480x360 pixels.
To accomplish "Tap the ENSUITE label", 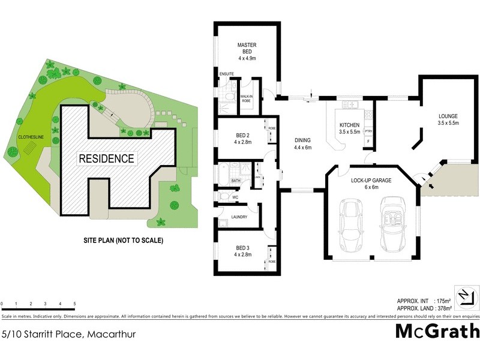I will coord(226,74).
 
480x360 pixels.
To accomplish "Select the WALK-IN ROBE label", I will coord(246,98).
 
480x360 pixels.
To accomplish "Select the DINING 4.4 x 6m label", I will coord(302,143).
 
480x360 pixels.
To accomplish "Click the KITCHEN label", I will coord(349,125).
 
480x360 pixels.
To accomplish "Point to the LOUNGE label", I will coord(448,116).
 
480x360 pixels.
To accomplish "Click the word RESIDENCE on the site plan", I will coord(106,159).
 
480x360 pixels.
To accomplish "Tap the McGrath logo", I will coord(437,331).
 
